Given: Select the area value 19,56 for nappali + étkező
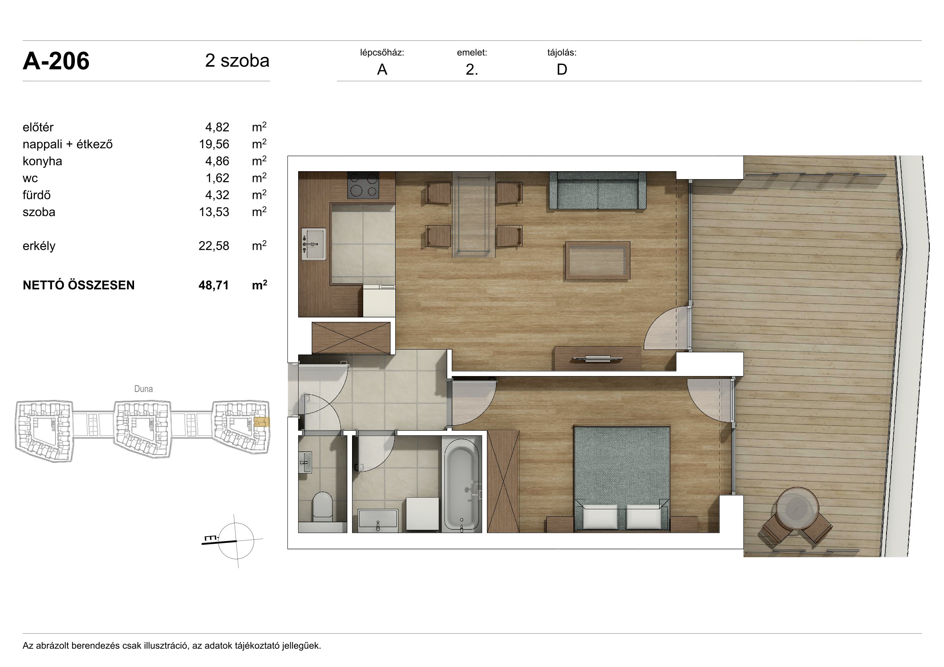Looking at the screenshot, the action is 214,144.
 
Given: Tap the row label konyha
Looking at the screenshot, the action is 42,161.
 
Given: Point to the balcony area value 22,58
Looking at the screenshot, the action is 214,246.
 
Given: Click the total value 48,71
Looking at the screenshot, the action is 213,285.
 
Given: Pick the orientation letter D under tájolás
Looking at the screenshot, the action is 562,69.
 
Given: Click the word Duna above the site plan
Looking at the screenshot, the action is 144,389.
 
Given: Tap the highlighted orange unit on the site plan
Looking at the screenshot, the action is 262,422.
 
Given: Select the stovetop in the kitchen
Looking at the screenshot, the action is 363,185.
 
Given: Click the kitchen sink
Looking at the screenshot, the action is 314,244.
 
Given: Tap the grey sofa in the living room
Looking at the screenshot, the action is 598,191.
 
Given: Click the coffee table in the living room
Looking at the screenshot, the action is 597,261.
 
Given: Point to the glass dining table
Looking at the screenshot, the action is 474,214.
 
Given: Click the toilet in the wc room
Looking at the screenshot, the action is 323,506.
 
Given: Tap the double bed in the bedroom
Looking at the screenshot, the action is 622,478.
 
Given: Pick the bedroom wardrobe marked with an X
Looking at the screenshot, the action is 503,481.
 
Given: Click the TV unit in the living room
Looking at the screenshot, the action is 597,359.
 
